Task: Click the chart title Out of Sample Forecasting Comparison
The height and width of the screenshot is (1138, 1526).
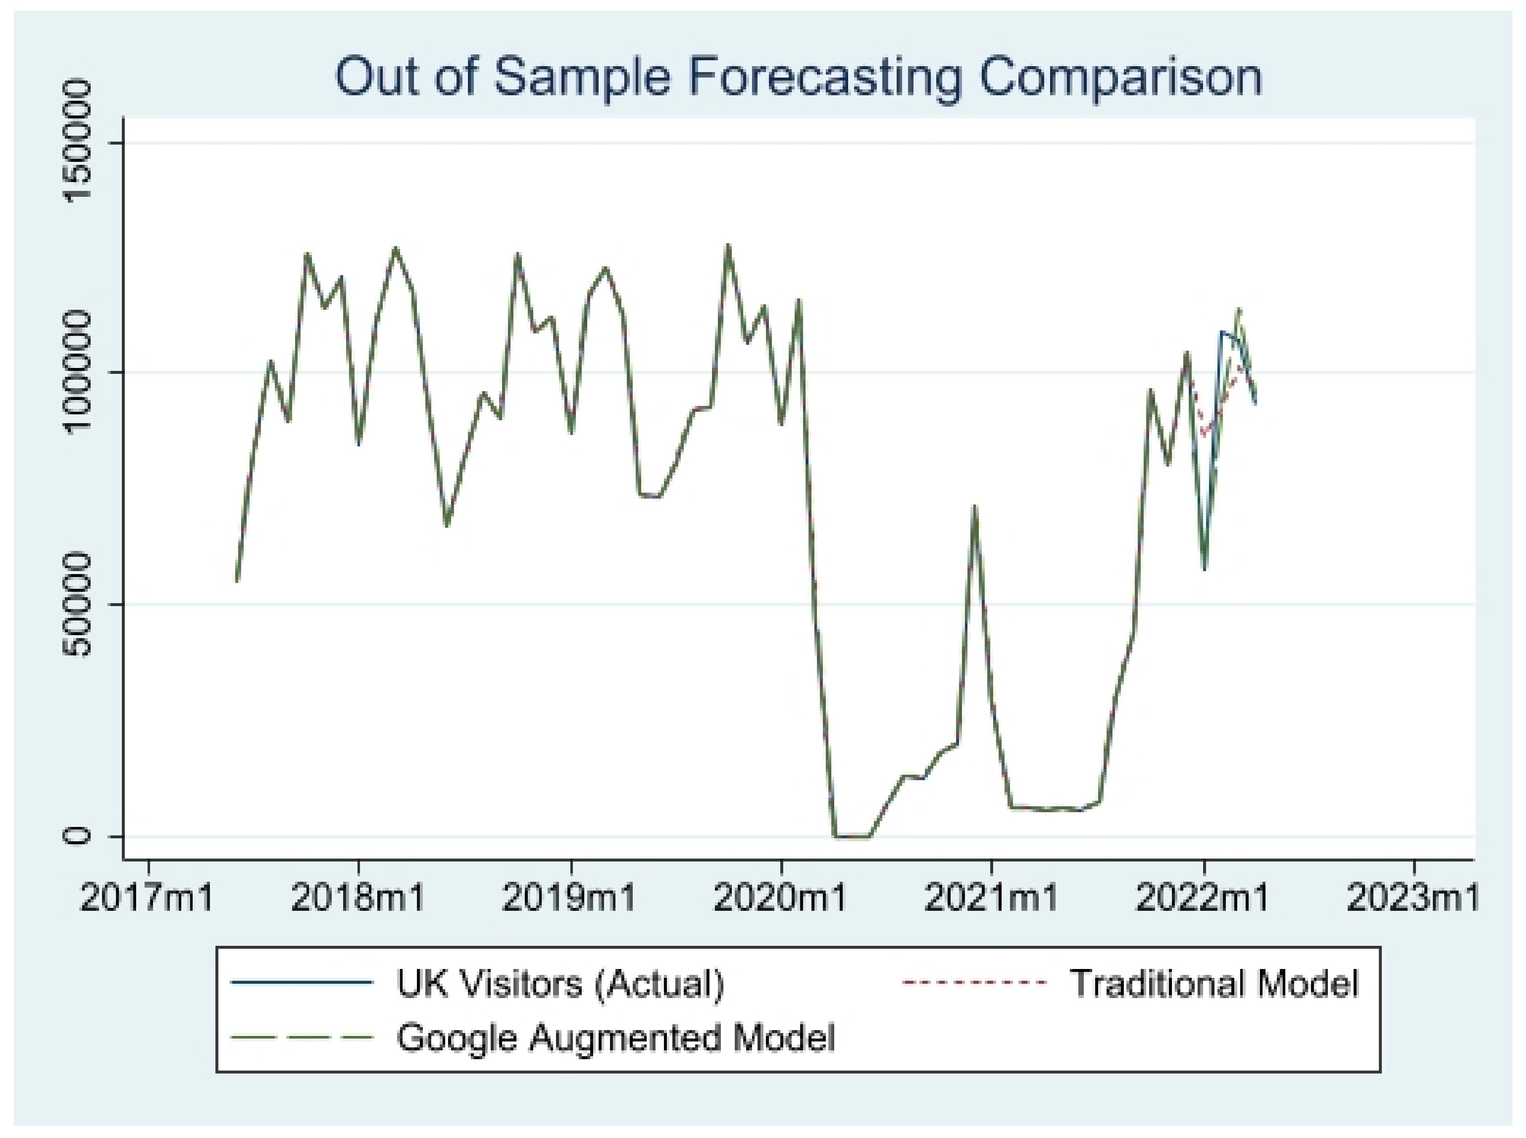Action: (x=798, y=77)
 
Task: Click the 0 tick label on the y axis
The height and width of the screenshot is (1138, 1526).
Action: (x=77, y=836)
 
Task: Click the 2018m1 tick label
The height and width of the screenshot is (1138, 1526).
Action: (x=358, y=898)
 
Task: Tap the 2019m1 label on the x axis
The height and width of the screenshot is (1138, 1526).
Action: (x=569, y=898)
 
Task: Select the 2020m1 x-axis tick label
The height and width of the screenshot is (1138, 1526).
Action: (x=781, y=898)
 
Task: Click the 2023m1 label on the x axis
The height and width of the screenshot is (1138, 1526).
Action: (x=1412, y=898)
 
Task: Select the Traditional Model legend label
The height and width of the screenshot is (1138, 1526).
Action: (x=1214, y=983)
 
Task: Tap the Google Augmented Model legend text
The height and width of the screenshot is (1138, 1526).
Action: (x=615, y=1037)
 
